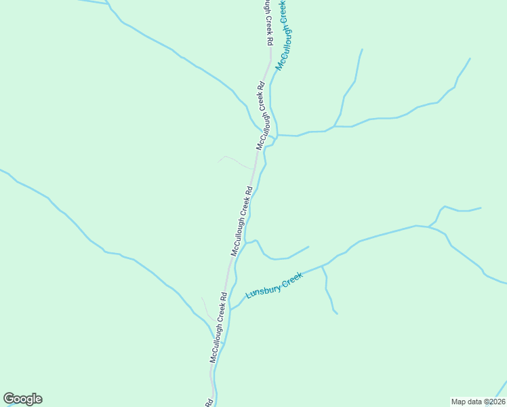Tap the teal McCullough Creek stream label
coord(283,34)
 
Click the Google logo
coord(22,399)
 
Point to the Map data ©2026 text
coord(478,401)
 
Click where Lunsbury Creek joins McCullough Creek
coord(230,309)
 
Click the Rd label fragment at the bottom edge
coord(208,402)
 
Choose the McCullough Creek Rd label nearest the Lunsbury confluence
coord(218,328)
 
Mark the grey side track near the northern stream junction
coord(234,161)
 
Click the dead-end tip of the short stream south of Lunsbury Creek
coord(337,313)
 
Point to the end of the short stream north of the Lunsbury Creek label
coord(308,247)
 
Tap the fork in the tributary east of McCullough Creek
coord(334,126)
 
